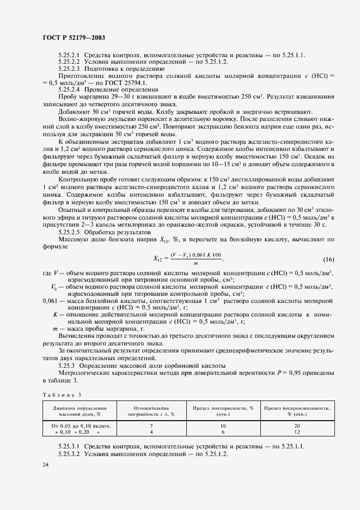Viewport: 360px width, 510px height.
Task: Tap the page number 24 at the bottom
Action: (x=46, y=464)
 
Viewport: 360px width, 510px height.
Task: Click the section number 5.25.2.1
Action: (x=69, y=56)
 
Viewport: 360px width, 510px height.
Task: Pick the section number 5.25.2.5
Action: (x=69, y=231)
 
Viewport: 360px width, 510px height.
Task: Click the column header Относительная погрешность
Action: (x=150, y=410)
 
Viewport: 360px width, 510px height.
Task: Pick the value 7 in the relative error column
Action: (x=150, y=426)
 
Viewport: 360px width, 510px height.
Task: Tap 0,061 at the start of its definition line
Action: (x=51, y=300)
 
